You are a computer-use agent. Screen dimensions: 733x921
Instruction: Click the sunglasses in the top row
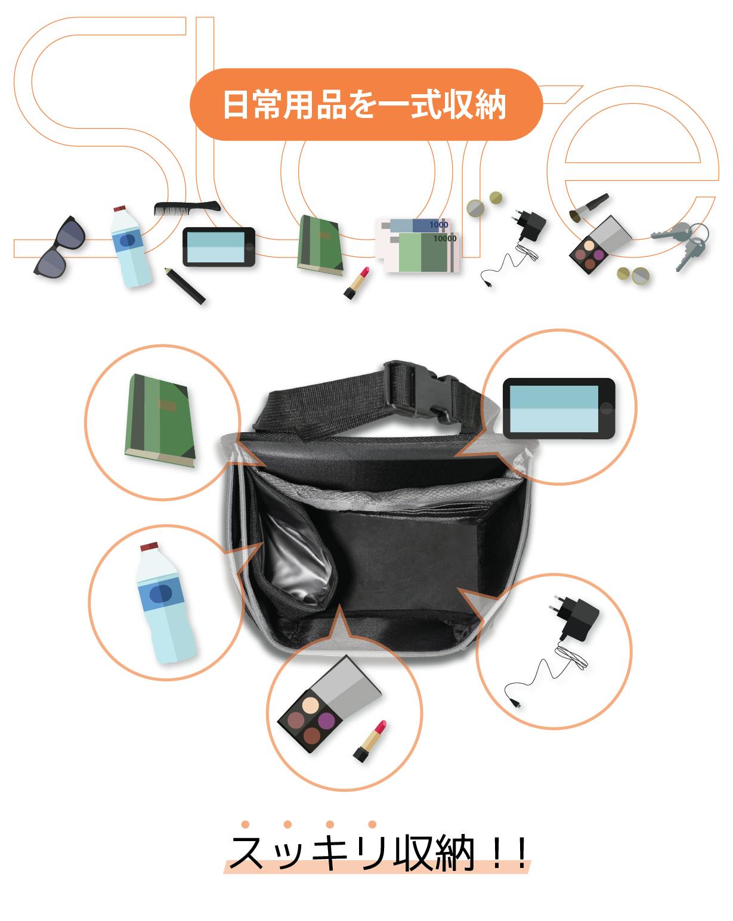pos(59,247)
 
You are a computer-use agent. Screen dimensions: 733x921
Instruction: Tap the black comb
pos(187,208)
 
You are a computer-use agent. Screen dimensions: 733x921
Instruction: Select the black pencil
pos(184,286)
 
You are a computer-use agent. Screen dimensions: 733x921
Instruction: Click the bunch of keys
pos(681,245)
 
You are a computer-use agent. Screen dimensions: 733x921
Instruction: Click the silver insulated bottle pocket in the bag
pos(296,560)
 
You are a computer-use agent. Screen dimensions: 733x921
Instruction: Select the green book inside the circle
pos(160,420)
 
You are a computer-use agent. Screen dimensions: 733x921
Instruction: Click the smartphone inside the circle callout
pos(559,408)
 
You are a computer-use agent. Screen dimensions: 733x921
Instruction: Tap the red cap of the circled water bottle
pos(149,547)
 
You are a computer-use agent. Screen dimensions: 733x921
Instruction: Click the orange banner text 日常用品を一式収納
pos(364,104)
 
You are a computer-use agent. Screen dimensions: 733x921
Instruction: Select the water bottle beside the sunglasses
pos(130,247)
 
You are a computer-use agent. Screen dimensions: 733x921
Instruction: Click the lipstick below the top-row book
pos(356,283)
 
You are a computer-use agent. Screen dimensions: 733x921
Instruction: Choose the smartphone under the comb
pos(219,247)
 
